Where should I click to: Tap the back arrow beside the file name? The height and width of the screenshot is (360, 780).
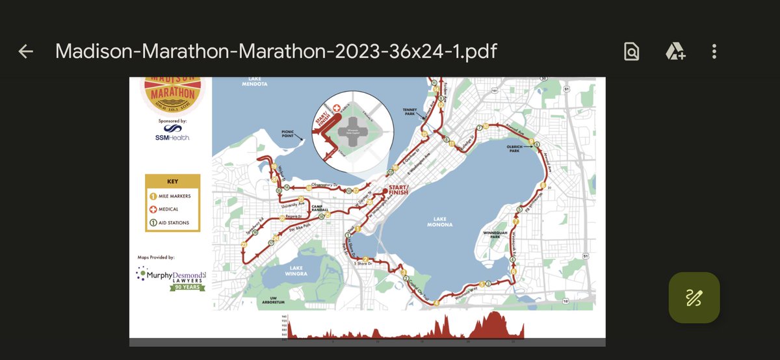coord(25,51)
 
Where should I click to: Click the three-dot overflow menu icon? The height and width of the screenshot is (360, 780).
coord(714,51)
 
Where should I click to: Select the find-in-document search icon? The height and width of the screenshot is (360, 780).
coord(631,51)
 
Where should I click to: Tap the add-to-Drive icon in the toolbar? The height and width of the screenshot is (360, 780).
coord(675,51)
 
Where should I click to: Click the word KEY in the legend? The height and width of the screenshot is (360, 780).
coord(172,182)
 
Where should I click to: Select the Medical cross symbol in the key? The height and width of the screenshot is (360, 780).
coord(154,209)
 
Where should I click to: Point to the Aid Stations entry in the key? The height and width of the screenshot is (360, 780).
coord(170,222)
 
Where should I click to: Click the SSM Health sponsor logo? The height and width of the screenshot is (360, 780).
coord(172,133)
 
